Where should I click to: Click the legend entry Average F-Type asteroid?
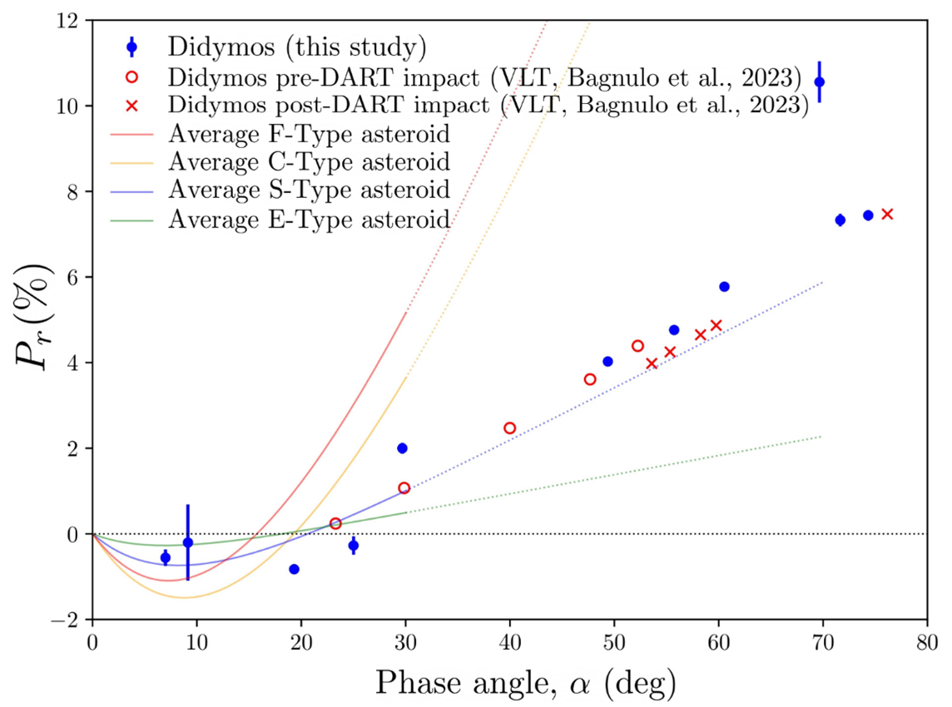(308, 133)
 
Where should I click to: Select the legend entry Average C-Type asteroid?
(308, 161)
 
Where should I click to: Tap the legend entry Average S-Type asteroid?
(308, 190)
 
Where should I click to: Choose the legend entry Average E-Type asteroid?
(308, 219)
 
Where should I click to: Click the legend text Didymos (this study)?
(296, 47)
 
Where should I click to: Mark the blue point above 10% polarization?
(820, 82)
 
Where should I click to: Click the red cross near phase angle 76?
(887, 214)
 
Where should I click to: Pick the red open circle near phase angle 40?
(510, 428)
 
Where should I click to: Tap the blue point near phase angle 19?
(294, 569)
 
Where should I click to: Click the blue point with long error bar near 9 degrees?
(187, 542)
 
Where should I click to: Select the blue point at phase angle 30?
(403, 447)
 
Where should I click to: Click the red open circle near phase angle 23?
(335, 523)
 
